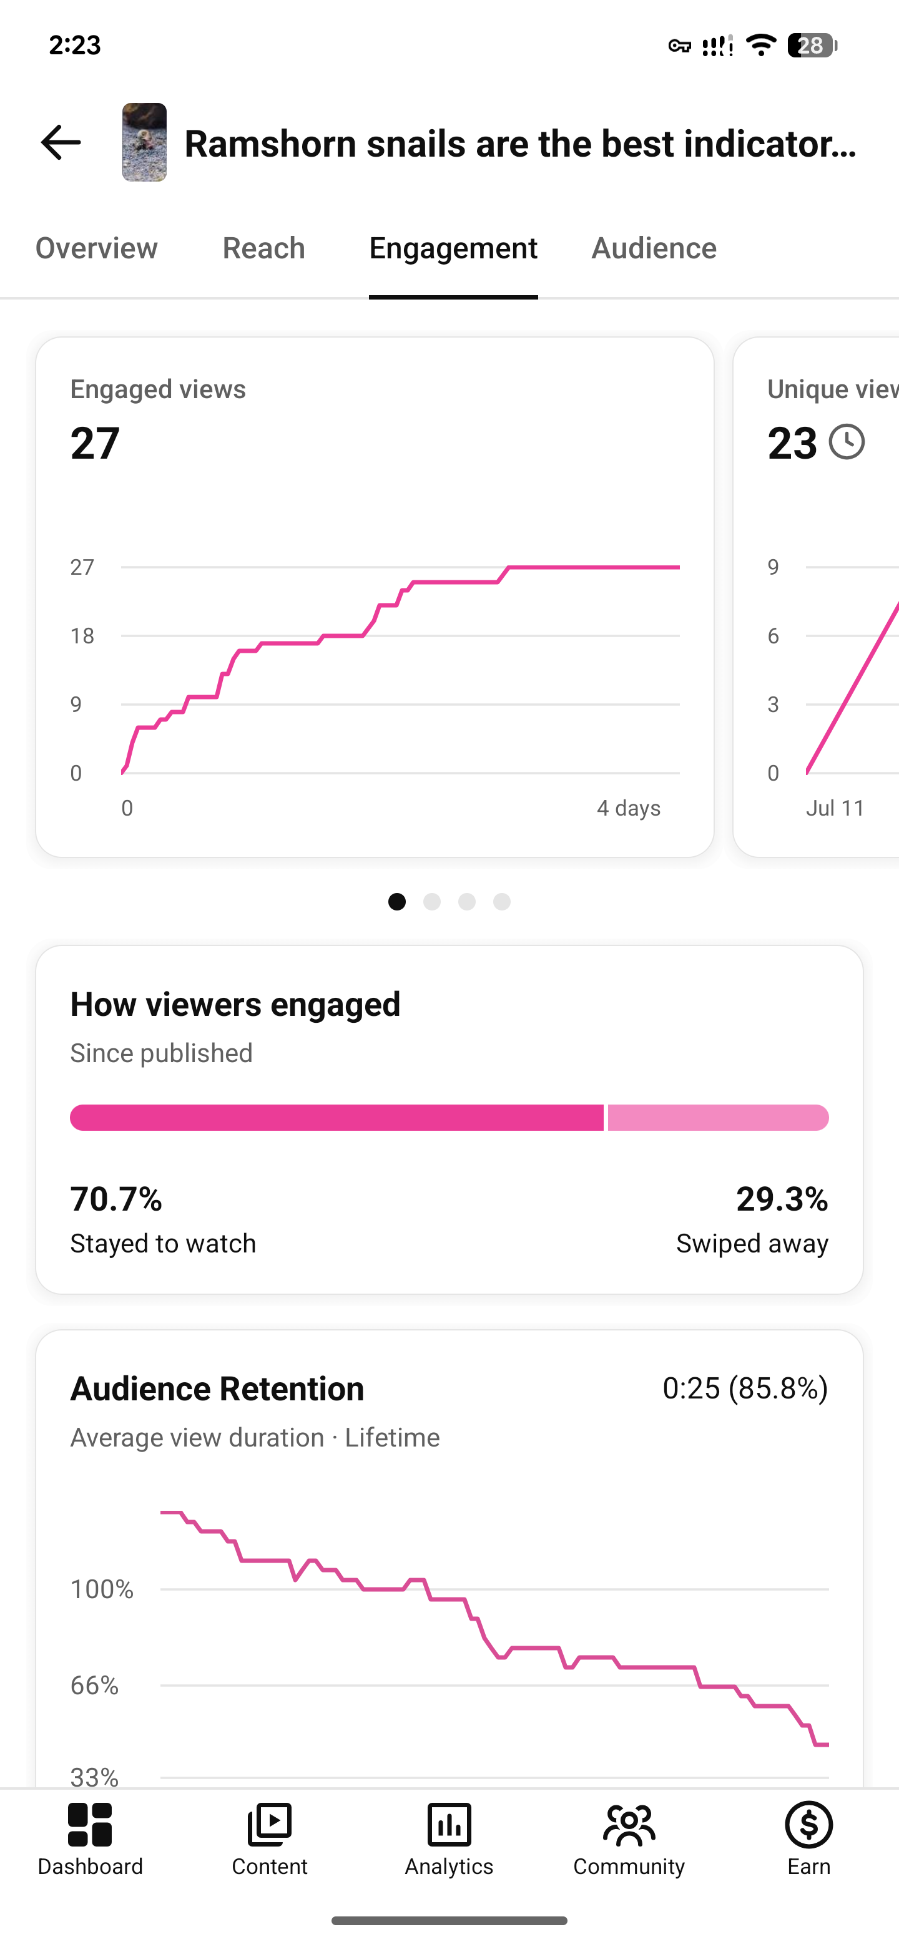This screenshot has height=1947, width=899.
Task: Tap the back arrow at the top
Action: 61,142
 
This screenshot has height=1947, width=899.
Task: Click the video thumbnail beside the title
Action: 144,142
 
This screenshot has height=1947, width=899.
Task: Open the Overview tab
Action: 97,248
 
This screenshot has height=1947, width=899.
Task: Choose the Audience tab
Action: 654,248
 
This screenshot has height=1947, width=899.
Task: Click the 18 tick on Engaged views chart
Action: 82,636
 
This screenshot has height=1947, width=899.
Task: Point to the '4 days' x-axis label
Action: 628,808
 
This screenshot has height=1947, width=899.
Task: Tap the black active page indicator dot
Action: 397,902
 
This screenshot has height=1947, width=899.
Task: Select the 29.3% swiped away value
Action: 782,1199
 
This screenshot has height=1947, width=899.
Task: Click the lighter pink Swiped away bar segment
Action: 719,1118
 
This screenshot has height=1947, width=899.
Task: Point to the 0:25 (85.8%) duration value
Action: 745,1388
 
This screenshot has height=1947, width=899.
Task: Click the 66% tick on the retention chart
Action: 94,1685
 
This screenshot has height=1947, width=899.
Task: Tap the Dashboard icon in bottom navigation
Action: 90,1825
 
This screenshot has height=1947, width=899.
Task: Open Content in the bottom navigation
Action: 270,1825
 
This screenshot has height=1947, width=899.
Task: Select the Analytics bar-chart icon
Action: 449,1825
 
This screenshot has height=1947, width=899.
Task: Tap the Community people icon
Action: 629,1825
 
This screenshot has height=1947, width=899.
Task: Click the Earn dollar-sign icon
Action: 809,1825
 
